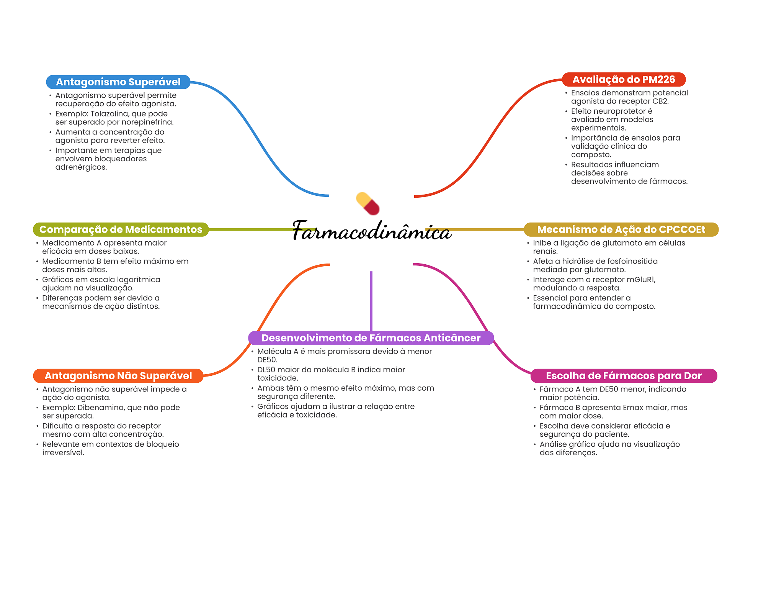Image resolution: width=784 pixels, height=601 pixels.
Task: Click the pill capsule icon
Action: pyautogui.click(x=367, y=203)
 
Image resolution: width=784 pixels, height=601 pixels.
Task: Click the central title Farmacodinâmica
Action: pyautogui.click(x=371, y=231)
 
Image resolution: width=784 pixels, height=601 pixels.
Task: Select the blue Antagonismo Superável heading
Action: pyautogui.click(x=118, y=82)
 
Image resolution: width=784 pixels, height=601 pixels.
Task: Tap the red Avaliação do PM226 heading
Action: pyautogui.click(x=624, y=79)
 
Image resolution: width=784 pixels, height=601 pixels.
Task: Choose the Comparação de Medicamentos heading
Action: pyautogui.click(x=121, y=229)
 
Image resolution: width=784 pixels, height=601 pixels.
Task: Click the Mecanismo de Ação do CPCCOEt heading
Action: pyautogui.click(x=621, y=229)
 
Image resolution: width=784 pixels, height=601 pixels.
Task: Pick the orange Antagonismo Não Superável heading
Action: pyautogui.click(x=118, y=376)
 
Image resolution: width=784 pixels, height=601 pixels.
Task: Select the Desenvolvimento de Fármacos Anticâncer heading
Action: pyautogui.click(x=371, y=338)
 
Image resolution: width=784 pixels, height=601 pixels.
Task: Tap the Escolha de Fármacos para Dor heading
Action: pyautogui.click(x=624, y=376)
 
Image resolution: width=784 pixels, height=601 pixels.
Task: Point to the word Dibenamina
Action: pyautogui.click(x=100, y=408)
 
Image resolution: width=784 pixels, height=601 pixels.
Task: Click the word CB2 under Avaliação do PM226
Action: pyautogui.click(x=660, y=101)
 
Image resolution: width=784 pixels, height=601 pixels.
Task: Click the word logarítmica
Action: pyautogui.click(x=138, y=280)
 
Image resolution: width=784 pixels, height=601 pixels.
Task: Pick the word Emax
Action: pyautogui.click(x=634, y=408)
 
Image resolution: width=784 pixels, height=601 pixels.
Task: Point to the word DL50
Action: pyautogui.click(x=266, y=370)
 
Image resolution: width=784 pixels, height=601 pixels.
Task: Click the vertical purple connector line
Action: pyautogui.click(x=371, y=301)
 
